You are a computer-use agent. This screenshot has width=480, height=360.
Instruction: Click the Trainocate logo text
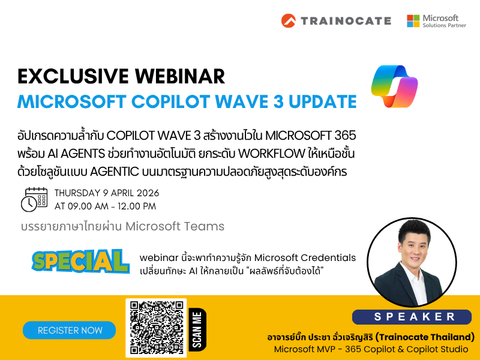(345, 20)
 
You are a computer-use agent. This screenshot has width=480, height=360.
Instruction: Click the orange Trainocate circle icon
(289, 20)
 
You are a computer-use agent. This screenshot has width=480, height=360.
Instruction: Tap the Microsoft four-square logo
(413, 21)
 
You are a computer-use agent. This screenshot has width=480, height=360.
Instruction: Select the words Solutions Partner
(445, 25)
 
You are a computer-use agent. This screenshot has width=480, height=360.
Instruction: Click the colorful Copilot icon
(394, 86)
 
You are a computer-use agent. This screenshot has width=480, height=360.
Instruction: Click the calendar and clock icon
(34, 199)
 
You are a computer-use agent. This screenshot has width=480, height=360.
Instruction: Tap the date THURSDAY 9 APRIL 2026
(107, 193)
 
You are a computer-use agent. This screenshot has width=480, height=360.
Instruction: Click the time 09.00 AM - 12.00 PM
(105, 206)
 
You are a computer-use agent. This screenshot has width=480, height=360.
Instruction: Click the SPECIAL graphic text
(80, 260)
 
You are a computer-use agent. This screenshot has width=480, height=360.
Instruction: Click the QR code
(156, 328)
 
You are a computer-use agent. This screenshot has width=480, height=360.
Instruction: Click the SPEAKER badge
(412, 316)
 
